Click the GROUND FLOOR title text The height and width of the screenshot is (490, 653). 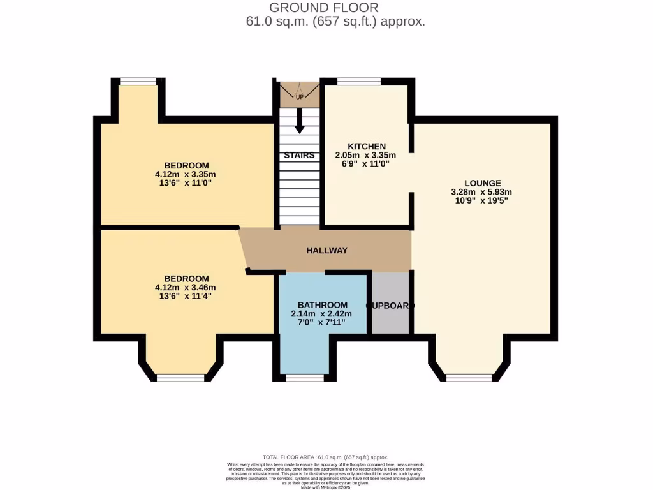(323, 8)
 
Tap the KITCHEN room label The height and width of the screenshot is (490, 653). (366, 146)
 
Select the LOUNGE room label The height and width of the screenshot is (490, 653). (482, 183)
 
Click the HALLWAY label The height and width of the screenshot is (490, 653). (327, 251)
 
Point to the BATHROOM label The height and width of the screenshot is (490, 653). (323, 305)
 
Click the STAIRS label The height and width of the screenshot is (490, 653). (299, 155)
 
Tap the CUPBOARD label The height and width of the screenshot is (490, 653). (390, 306)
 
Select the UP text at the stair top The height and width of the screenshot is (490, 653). (299, 97)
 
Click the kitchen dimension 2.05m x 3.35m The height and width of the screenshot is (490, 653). (365, 155)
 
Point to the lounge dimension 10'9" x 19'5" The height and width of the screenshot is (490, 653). (482, 200)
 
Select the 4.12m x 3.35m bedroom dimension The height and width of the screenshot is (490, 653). (186, 174)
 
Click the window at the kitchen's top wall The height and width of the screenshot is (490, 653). (359, 81)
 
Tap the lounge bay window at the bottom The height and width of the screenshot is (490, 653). (469, 378)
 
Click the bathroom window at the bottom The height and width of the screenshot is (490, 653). (304, 378)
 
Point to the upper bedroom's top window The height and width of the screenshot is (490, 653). (138, 81)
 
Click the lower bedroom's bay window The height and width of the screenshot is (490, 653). (180, 378)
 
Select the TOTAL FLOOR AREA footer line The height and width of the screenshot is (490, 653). (326, 457)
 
